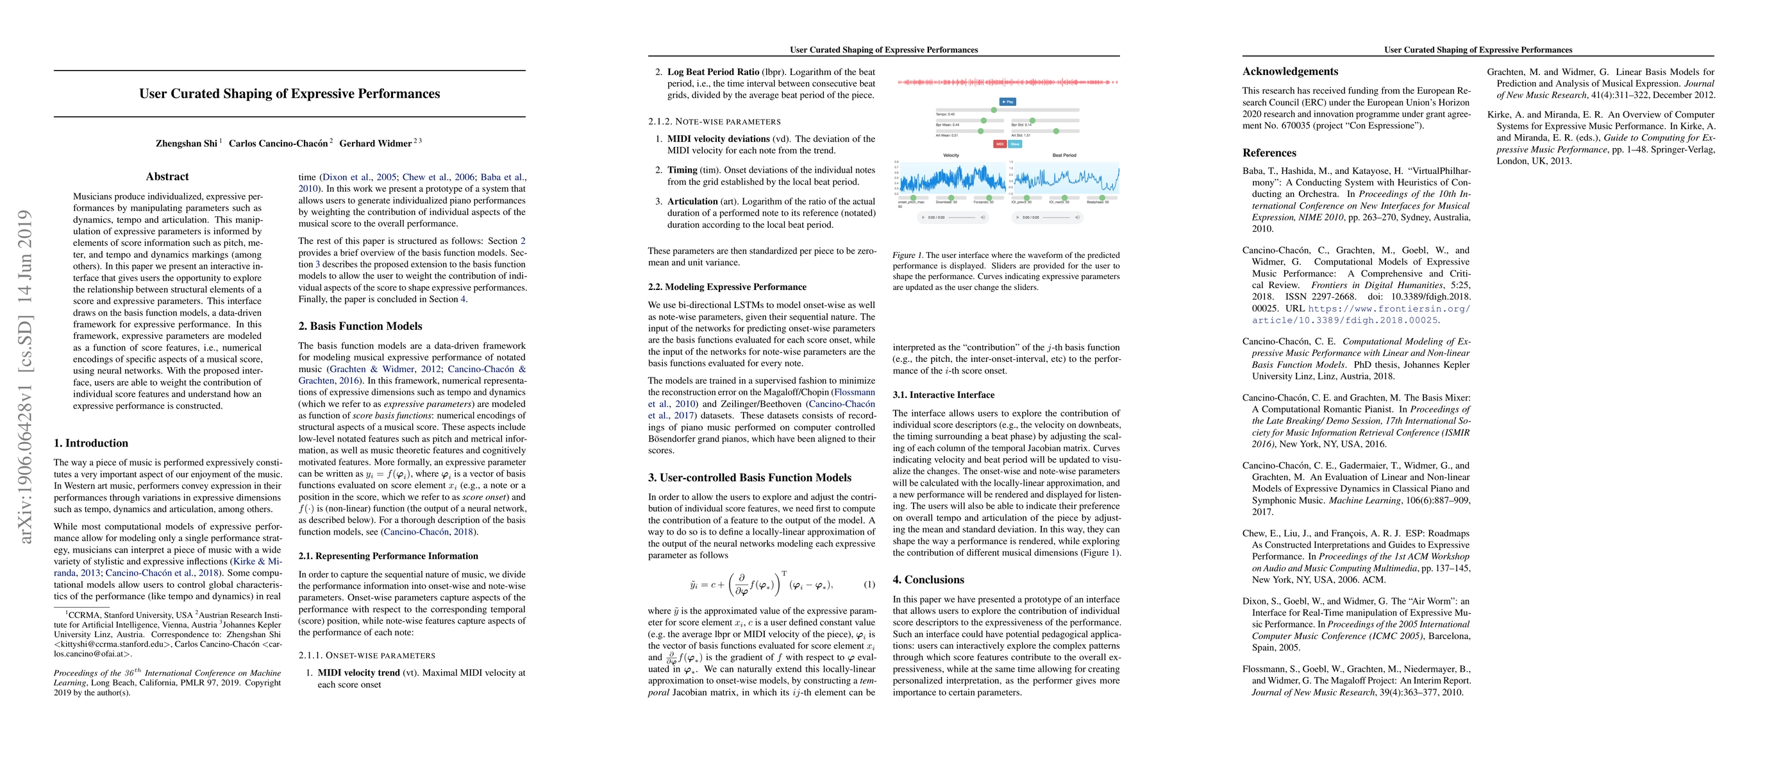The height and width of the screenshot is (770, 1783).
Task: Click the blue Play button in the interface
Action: point(1008,101)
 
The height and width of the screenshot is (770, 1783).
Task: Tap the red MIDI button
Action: point(1000,144)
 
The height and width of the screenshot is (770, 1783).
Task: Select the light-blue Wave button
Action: point(1015,144)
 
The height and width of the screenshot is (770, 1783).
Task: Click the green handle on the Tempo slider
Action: point(994,110)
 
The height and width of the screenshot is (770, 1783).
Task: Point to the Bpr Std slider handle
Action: point(1033,121)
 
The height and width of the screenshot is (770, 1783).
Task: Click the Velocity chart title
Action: point(951,155)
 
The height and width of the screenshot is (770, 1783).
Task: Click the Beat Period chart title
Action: point(1064,155)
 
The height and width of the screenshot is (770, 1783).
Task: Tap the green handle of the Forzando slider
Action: point(990,198)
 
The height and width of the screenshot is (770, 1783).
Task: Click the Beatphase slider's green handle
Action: point(1103,198)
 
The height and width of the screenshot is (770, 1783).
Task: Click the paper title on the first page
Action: point(289,94)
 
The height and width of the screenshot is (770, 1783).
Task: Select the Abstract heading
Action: point(167,176)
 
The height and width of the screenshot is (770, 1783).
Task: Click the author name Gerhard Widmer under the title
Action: point(375,143)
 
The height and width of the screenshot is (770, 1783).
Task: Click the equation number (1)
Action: point(869,585)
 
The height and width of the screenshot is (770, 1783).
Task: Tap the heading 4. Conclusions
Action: point(928,579)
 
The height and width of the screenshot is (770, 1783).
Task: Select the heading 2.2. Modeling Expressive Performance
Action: point(727,287)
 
